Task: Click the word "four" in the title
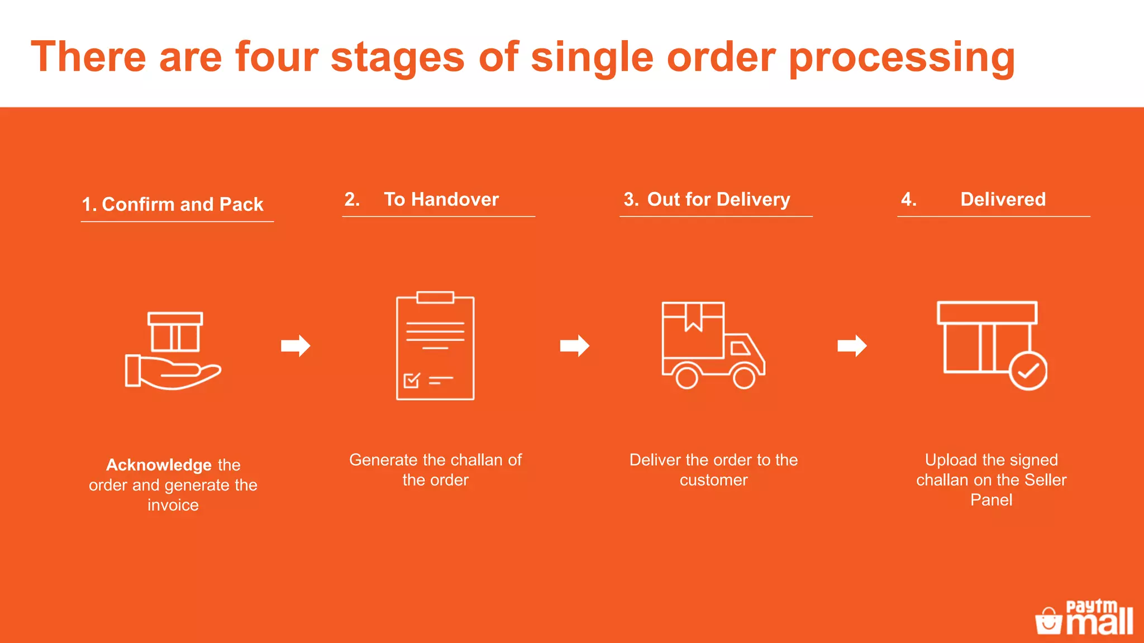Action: pos(277,57)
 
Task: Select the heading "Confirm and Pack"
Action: pos(183,204)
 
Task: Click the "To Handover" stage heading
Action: pos(441,199)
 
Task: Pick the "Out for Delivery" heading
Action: pos(718,199)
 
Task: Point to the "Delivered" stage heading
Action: pos(1003,199)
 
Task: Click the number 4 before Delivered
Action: pos(908,199)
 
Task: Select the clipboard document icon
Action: pos(435,346)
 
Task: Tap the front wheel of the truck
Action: pos(744,377)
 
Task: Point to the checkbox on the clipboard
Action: pos(412,381)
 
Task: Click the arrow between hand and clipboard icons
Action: pos(295,346)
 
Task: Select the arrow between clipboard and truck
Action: pos(575,346)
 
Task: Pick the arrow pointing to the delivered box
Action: pos(852,346)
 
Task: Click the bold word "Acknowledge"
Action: pos(159,465)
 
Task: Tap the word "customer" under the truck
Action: pos(713,480)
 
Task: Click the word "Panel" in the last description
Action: pos(991,500)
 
